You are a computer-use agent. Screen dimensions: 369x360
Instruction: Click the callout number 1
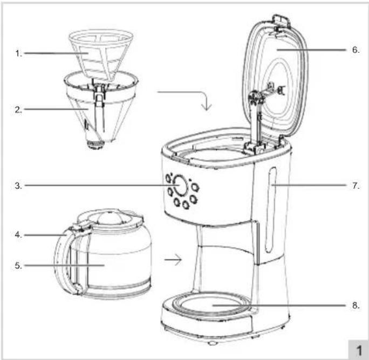coord(18,53)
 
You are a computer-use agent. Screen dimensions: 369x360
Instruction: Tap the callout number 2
coord(18,109)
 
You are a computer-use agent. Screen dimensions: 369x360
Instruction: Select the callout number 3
coord(18,186)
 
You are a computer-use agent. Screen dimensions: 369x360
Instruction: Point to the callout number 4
coord(18,234)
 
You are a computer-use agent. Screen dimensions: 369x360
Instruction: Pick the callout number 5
coord(18,266)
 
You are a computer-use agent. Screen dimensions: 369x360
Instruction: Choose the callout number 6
coord(356,50)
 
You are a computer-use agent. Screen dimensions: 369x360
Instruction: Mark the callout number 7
coord(356,185)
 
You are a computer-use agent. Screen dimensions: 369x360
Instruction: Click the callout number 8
coord(356,306)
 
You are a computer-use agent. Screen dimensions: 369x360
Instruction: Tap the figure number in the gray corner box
coord(359,351)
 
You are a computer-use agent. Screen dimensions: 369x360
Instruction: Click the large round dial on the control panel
coord(180,185)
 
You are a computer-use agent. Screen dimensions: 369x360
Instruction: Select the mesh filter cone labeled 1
coord(101,54)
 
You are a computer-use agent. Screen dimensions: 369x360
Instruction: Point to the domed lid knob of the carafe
coord(110,218)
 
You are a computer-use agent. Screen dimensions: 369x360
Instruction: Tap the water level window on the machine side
coord(270,210)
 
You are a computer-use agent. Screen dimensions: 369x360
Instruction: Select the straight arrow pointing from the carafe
coord(173,260)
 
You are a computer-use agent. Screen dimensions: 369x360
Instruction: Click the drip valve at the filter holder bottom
coord(95,144)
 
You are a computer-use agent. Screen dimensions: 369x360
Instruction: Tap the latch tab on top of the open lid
coord(281,20)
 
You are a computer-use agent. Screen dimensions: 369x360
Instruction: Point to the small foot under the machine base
coord(212,343)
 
